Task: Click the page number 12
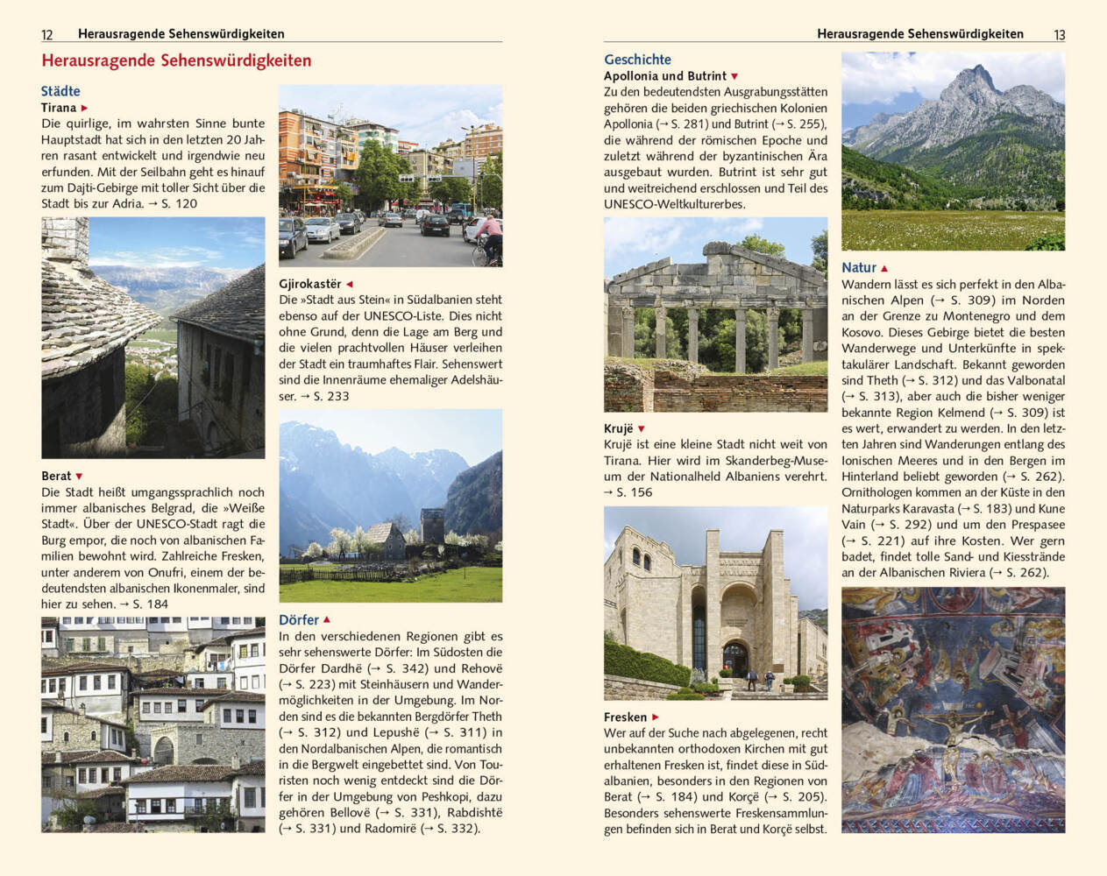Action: (x=47, y=35)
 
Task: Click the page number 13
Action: (x=1059, y=35)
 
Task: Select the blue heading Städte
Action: (x=60, y=91)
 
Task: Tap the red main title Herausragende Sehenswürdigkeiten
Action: (x=176, y=61)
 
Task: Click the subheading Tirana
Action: (x=59, y=108)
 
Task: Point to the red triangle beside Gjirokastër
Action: (x=349, y=284)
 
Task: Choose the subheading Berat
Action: (x=56, y=476)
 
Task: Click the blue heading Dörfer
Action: (x=299, y=620)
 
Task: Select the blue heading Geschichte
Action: (x=637, y=60)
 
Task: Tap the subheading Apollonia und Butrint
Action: (x=665, y=76)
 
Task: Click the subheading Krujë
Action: (x=618, y=428)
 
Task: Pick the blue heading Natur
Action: (x=859, y=268)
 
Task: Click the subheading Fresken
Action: (x=625, y=717)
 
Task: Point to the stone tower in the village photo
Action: (x=432, y=525)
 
